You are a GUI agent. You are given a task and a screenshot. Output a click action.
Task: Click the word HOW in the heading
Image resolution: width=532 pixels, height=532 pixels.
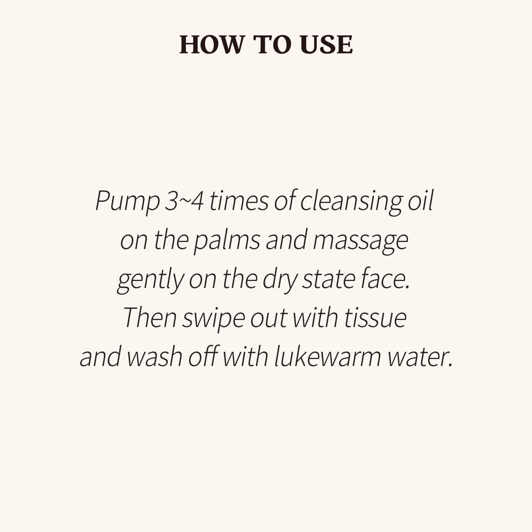(212, 45)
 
